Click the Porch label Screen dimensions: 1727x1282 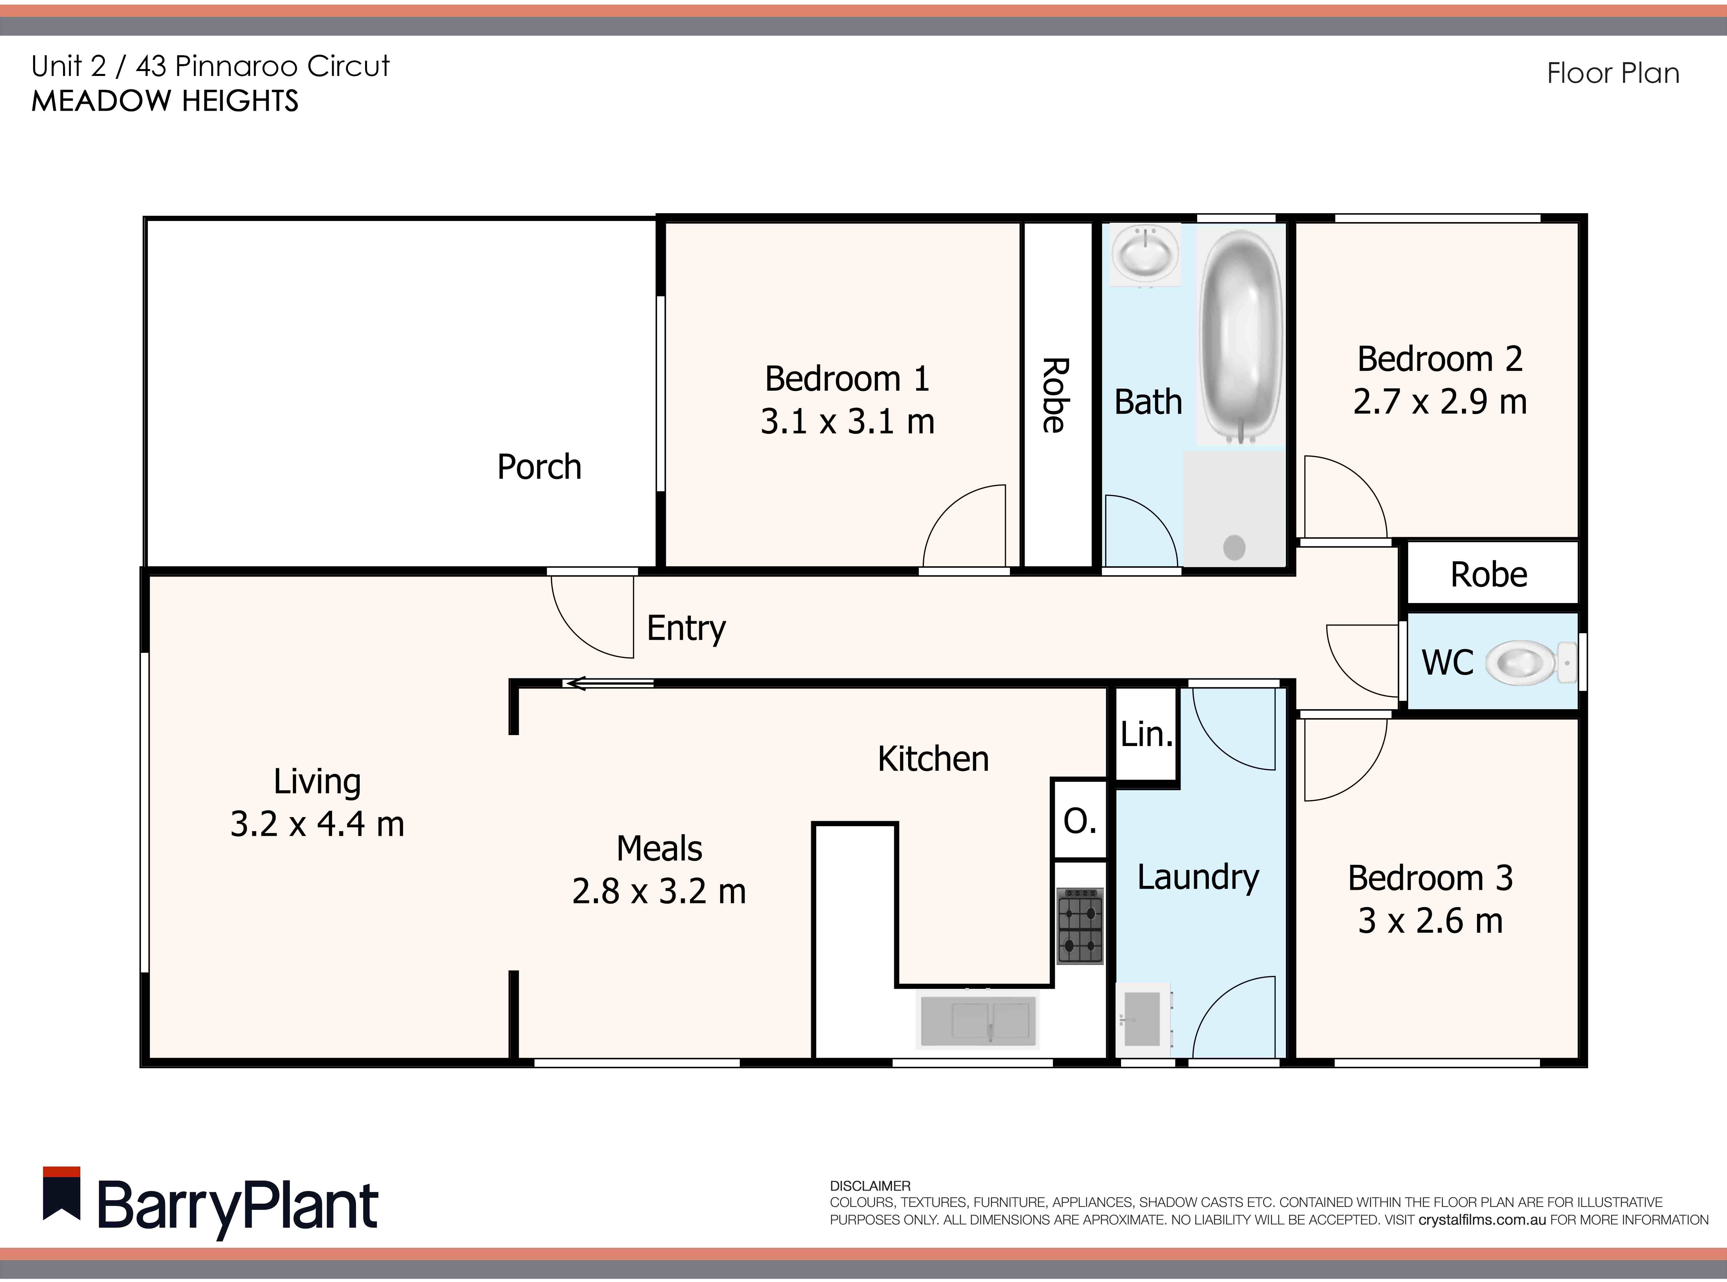pos(539,467)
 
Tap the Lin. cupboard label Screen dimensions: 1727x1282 pos(1146,734)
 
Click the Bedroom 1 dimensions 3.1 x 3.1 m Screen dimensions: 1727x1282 pos(847,421)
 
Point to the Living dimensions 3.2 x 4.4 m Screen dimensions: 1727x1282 pos(317,824)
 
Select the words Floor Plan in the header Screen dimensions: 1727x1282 pos(1613,73)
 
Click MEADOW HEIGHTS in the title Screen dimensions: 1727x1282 pos(165,101)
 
